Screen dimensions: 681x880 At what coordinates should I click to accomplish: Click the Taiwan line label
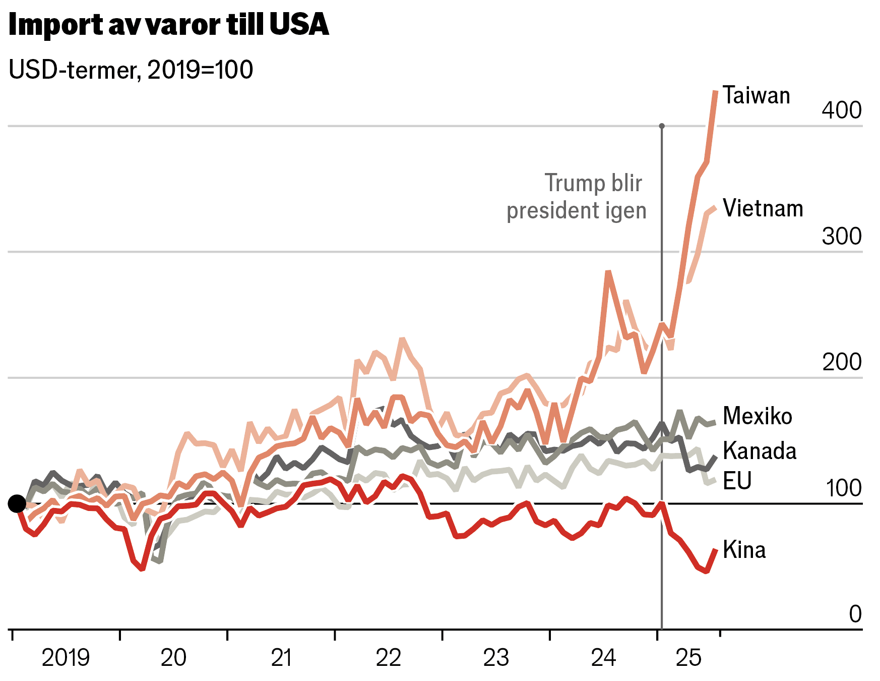point(756,95)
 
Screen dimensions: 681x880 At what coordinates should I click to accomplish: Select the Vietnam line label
point(763,208)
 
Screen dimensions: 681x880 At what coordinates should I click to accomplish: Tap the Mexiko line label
point(757,416)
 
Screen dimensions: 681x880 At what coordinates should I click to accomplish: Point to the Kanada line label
point(760,450)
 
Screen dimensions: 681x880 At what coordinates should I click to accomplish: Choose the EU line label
point(737,481)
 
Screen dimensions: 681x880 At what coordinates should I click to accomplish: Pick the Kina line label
point(744,550)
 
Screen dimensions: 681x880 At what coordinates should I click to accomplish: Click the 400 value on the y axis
point(841,110)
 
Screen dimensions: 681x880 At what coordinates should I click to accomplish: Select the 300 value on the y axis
point(841,236)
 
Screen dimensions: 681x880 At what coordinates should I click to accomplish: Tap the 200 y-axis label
point(841,362)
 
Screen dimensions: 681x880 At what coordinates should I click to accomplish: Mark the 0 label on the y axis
point(855,614)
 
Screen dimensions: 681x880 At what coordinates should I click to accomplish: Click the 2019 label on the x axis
point(66,658)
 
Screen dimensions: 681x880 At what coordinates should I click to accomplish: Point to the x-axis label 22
point(388,658)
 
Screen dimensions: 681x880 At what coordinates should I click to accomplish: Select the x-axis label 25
point(688,658)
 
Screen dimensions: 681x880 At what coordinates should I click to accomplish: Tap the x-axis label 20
point(173,658)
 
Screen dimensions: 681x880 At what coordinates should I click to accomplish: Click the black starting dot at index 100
point(17,503)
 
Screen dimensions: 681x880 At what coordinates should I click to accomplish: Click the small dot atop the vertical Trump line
point(661,126)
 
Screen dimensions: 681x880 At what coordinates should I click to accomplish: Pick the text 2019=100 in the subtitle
point(200,70)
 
